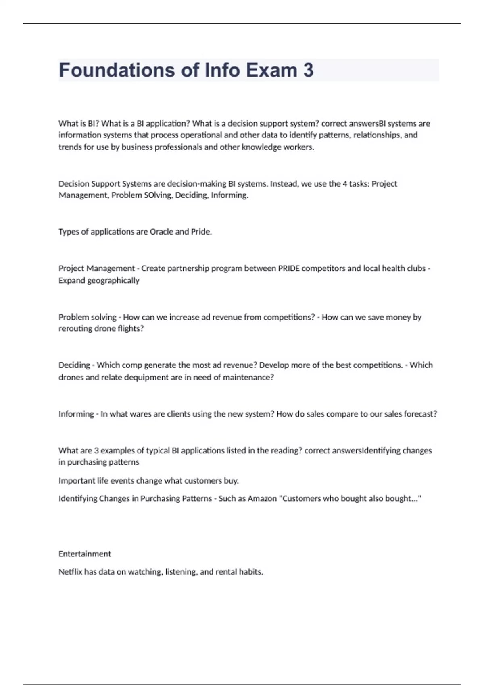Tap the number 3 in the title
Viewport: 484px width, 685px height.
pos(308,70)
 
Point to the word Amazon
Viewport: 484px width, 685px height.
pos(262,498)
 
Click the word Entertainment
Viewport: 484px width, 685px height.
pos(85,554)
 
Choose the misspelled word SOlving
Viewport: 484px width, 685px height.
pos(157,195)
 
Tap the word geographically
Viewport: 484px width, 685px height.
pos(113,280)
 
